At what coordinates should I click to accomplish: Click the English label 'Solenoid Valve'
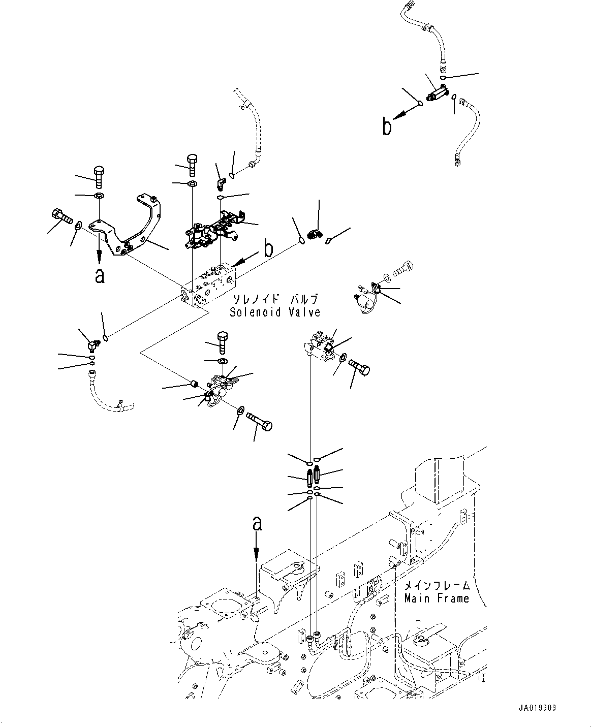pos(274,312)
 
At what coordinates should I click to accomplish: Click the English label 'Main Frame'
pos(437,598)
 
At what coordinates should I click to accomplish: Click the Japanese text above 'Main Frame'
pos(437,585)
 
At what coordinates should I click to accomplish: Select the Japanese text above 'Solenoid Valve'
pos(275,299)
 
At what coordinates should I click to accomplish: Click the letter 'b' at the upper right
pos(387,127)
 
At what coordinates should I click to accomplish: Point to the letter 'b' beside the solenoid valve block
pos(268,249)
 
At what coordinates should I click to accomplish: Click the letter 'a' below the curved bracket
pos(100,275)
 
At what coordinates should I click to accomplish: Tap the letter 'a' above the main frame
pos(257,523)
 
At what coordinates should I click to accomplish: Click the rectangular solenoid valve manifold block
pos(208,287)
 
